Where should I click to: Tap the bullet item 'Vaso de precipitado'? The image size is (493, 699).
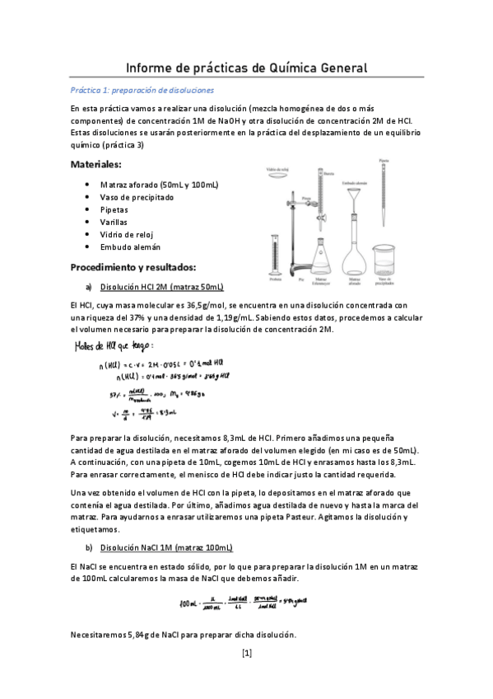pyautogui.click(x=137, y=197)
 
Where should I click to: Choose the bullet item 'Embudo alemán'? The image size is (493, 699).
pyautogui.click(x=130, y=246)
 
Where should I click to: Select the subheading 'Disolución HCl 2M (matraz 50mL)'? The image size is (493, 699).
pyautogui.click(x=161, y=288)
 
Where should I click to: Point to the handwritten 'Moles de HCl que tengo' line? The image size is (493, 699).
pyautogui.click(x=114, y=345)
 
